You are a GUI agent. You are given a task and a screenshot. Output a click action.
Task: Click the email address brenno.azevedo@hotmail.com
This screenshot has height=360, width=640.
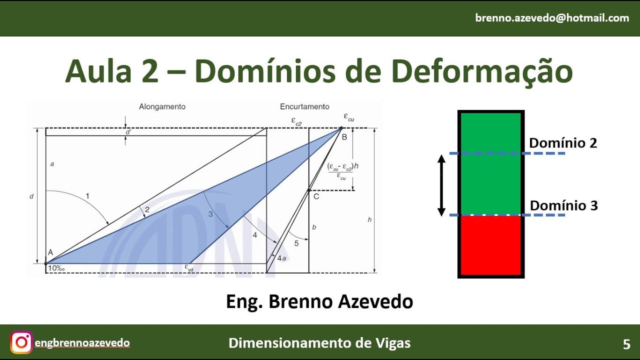[x=552, y=18]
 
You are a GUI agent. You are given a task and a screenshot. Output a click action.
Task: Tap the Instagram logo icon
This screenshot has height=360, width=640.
[x=21, y=342]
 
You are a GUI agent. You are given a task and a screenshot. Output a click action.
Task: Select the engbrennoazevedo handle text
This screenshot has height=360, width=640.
[x=82, y=343]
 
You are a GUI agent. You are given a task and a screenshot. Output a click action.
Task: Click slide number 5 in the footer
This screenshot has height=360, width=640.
[x=626, y=344]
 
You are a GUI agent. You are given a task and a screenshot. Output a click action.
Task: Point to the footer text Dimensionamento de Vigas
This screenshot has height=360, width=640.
[x=319, y=343]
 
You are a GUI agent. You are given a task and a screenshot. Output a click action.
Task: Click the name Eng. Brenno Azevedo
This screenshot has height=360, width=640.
[x=319, y=301]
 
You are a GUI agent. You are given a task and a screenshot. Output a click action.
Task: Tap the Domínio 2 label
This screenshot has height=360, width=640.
[x=563, y=143]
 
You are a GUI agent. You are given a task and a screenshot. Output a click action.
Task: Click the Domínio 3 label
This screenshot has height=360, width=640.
[x=563, y=205]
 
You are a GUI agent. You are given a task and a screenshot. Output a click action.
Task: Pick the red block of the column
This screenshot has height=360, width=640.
[x=491, y=245]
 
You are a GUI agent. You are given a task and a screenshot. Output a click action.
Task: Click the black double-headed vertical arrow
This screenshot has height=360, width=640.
[x=441, y=185]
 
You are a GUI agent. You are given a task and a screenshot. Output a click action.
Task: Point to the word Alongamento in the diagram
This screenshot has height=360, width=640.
[x=162, y=106]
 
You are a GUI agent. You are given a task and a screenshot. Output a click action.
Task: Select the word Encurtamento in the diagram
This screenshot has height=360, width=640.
[x=304, y=106]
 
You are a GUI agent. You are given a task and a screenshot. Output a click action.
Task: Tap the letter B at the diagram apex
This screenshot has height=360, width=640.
[x=344, y=137]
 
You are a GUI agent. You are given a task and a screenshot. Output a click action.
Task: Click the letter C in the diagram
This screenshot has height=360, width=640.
[x=316, y=196]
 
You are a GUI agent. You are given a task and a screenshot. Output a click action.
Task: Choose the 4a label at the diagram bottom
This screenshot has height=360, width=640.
[x=281, y=258]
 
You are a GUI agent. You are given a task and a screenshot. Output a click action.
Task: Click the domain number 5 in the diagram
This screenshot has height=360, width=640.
[x=296, y=243]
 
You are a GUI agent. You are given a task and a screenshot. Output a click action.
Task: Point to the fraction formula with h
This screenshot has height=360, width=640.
[x=340, y=170]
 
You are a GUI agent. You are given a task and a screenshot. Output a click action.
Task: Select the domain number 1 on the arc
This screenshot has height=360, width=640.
[x=87, y=196]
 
